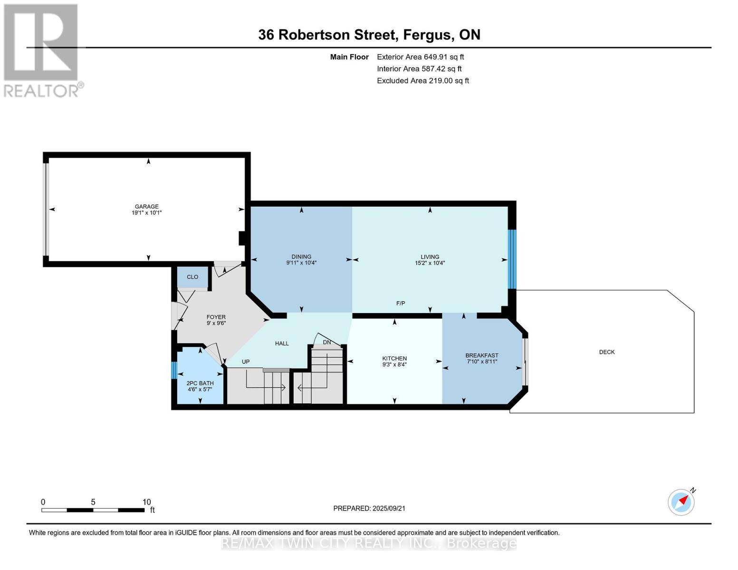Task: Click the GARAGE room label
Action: [x=147, y=207]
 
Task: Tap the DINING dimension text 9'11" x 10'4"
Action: [x=301, y=263]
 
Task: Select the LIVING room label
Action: [x=430, y=257]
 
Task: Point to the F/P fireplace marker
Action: [x=401, y=303]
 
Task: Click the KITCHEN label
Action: [x=394, y=359]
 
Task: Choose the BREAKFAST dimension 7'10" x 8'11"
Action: [x=482, y=361]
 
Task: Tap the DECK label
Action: [x=607, y=352]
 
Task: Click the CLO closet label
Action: [x=192, y=277]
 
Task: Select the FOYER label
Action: [x=216, y=317]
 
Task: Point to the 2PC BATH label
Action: [x=200, y=383]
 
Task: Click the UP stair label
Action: [x=246, y=362]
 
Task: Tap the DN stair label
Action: [x=327, y=342]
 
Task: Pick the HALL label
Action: [x=282, y=343]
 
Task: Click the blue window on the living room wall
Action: [x=512, y=259]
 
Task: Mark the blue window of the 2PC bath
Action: [x=174, y=370]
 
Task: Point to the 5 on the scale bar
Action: [x=93, y=502]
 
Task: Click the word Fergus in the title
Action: [x=429, y=35]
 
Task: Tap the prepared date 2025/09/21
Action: [x=389, y=509]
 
